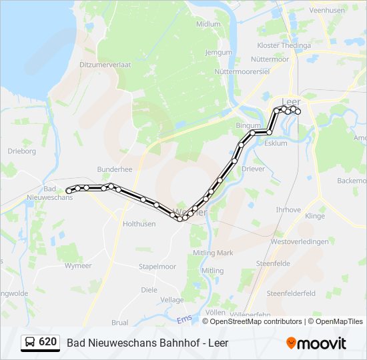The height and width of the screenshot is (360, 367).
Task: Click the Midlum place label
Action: coord(208,24)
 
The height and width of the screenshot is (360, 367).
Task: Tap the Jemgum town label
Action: coord(218,52)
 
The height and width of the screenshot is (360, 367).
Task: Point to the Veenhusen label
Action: coord(327,11)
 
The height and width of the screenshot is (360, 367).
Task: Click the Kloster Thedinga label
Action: coord(284,45)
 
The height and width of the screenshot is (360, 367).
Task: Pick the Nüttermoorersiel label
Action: coord(240,71)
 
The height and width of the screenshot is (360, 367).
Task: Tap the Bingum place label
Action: coord(247,125)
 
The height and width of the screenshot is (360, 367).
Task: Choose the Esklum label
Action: coord(276,143)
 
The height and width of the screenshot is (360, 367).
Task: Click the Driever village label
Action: coord(253,169)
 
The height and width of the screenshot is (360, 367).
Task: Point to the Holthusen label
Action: coord(139,224)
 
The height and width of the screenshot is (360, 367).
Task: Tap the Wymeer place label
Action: coord(77,266)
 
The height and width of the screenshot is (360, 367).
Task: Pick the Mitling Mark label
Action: coord(213,253)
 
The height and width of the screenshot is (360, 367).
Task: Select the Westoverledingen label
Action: coord(300,242)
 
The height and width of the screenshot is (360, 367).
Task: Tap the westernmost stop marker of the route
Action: coord(69,191)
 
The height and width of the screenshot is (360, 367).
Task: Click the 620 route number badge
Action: coord(40,342)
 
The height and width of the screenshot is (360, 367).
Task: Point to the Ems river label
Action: coord(184,321)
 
